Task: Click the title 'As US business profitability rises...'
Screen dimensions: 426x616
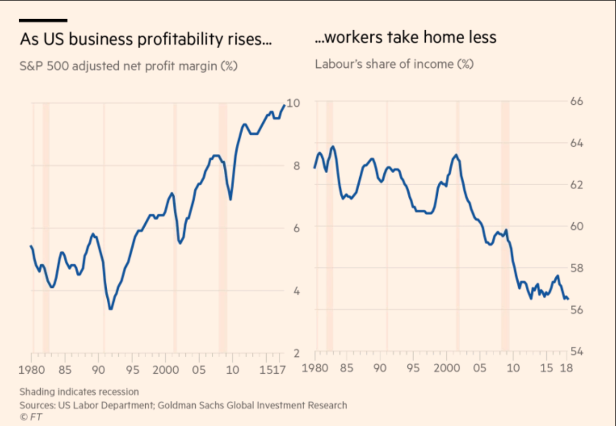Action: point(146,40)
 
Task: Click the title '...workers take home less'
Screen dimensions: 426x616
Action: point(405,37)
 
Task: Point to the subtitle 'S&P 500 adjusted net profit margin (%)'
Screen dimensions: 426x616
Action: point(129,66)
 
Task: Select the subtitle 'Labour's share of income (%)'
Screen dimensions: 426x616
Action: point(394,64)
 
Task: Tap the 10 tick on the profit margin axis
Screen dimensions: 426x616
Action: point(293,103)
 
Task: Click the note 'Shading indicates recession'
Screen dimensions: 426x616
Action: point(79,392)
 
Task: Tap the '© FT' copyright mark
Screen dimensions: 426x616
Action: point(31,417)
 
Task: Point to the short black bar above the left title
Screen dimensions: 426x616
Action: point(43,20)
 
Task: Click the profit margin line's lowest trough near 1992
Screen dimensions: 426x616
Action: point(111,309)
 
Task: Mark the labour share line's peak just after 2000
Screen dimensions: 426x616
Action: point(455,155)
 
